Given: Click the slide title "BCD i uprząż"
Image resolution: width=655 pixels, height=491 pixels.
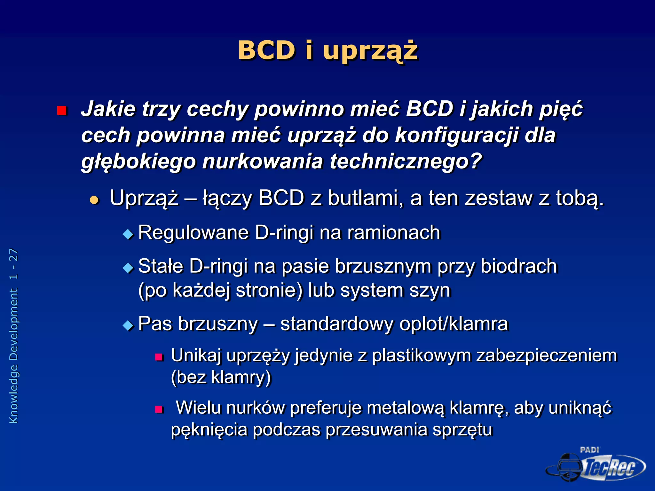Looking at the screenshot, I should [x=328, y=51].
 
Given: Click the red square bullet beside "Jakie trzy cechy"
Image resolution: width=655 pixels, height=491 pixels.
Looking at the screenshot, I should [x=62, y=111].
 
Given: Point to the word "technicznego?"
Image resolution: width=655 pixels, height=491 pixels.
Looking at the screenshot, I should [x=406, y=161].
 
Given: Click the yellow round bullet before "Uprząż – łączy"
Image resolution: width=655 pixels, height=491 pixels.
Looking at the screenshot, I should [x=94, y=200].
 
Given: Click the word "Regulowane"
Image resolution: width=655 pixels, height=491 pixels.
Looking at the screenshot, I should [x=193, y=232].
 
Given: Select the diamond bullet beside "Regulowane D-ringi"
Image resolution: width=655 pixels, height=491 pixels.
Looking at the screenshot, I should [x=128, y=234].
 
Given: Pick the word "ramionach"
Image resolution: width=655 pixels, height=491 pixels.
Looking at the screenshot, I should [x=394, y=232].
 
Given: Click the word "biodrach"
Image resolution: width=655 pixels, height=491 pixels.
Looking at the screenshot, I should [x=519, y=266].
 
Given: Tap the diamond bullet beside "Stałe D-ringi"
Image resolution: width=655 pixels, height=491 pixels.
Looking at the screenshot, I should [x=128, y=268].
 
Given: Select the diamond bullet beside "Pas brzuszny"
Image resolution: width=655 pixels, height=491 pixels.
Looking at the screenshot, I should [x=128, y=326].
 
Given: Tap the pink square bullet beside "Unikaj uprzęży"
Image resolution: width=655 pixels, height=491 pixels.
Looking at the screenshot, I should [x=159, y=357].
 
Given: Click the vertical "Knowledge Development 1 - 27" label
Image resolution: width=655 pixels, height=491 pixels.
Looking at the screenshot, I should [x=14, y=336].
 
